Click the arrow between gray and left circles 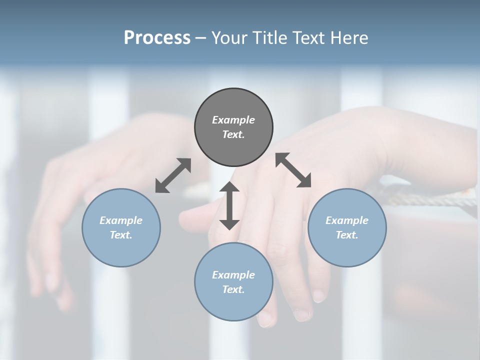[x=173, y=175]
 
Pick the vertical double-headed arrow [x=229, y=205]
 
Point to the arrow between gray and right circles [x=293, y=170]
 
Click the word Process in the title [x=157, y=38]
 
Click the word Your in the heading [x=228, y=38]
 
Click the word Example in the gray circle [x=233, y=120]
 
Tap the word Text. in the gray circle [x=233, y=134]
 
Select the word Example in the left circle [x=121, y=220]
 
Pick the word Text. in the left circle [x=121, y=235]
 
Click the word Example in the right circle [x=347, y=220]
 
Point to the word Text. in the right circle [x=347, y=235]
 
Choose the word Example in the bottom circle [x=233, y=275]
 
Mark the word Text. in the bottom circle [x=233, y=289]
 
